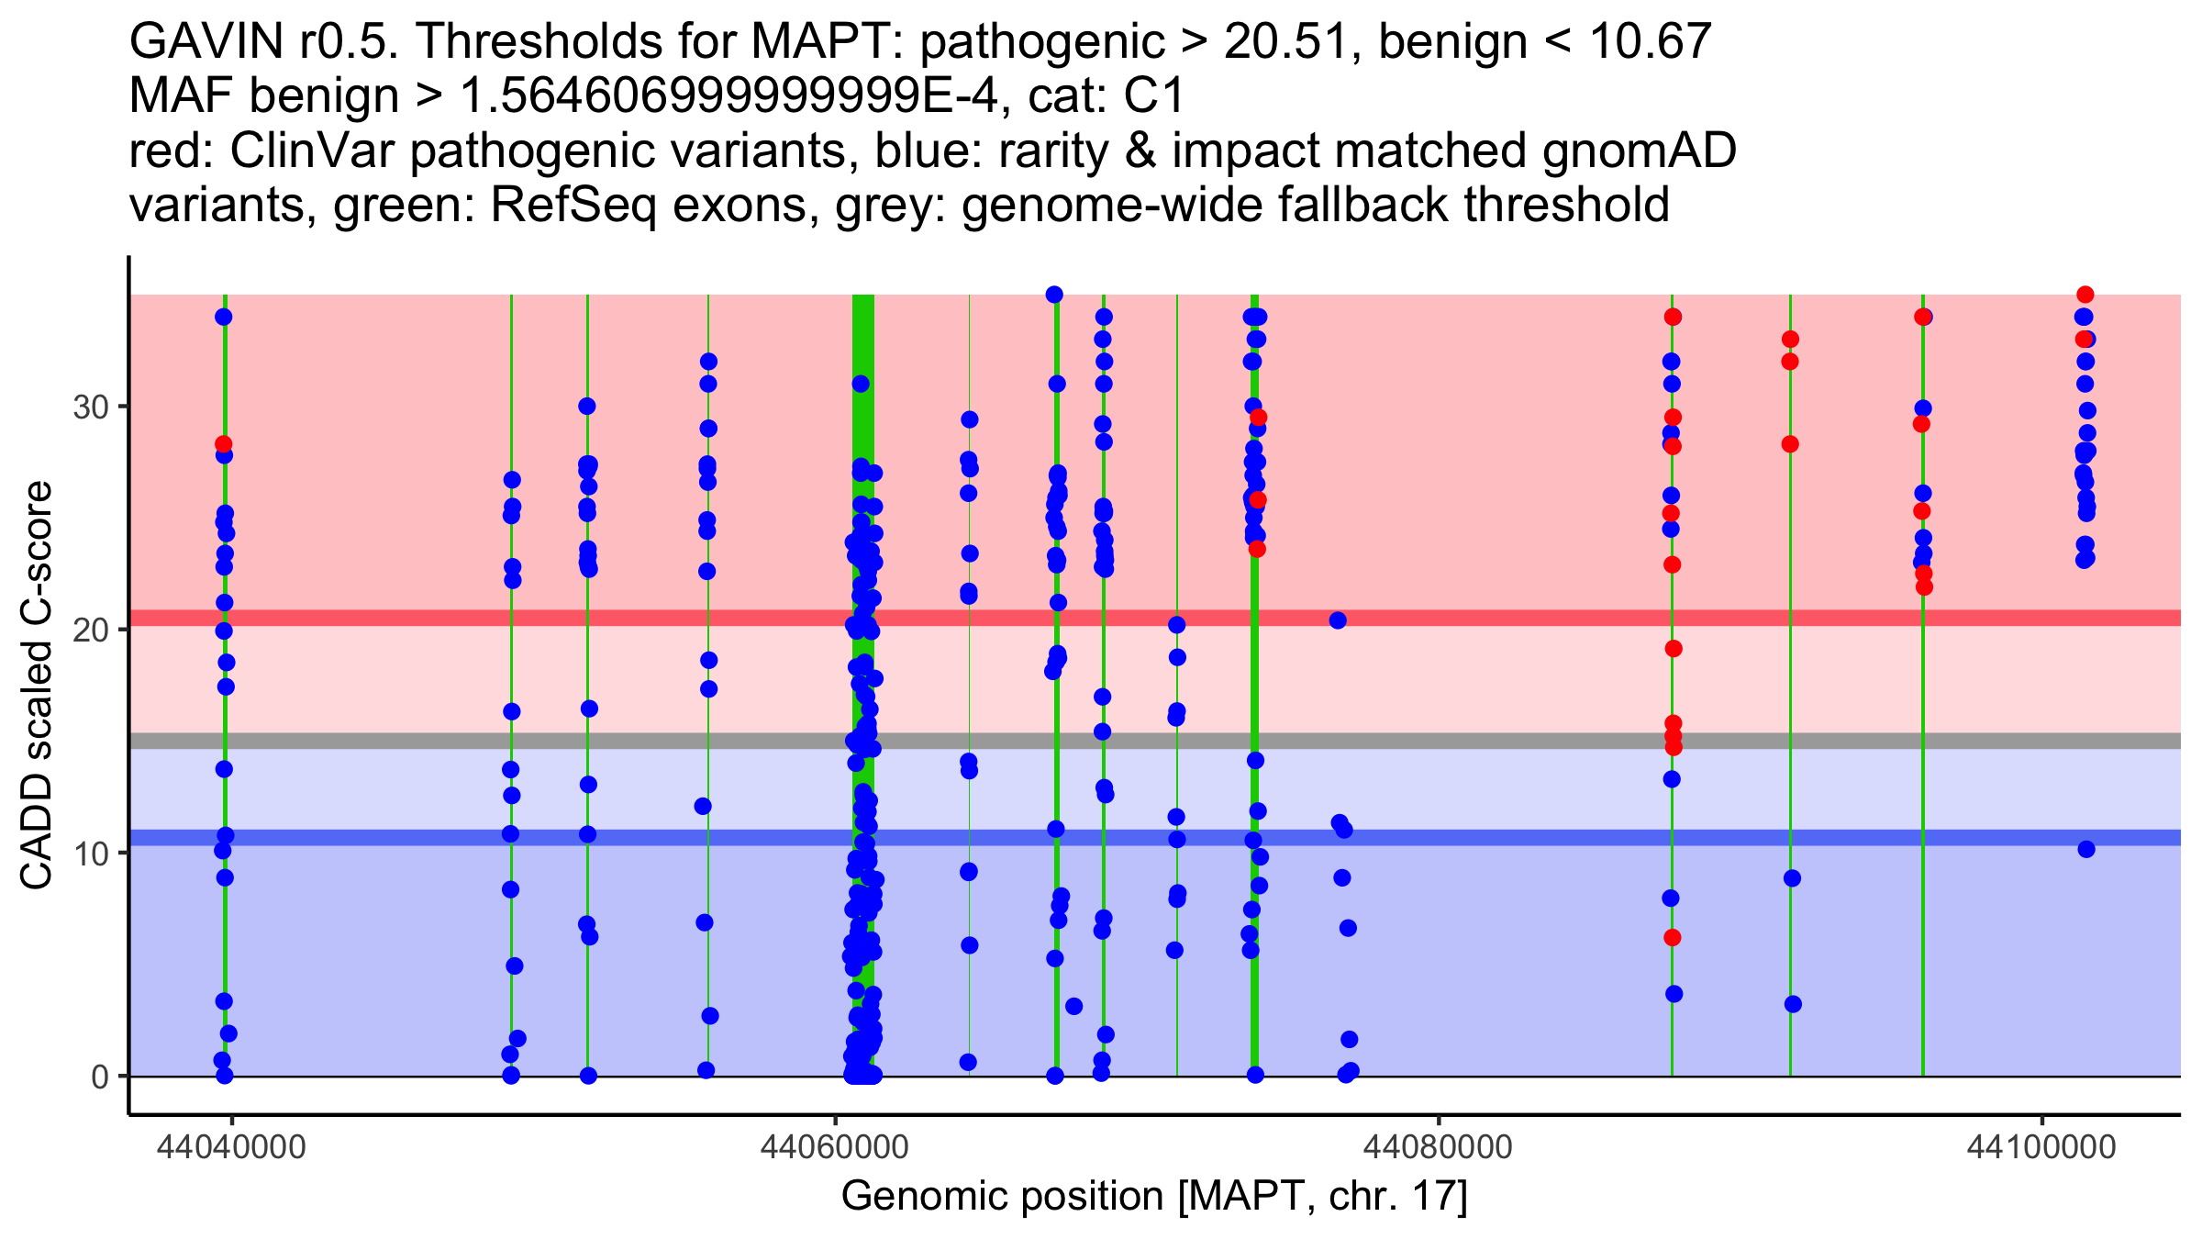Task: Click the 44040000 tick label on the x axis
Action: coord(231,1147)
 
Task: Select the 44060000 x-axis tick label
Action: coord(834,1147)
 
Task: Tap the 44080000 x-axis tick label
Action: coord(1438,1147)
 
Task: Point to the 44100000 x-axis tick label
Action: coord(2041,1147)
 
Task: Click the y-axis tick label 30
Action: coord(91,407)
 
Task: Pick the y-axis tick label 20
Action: coord(91,630)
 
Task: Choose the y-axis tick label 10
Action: coord(91,854)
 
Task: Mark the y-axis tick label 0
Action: coord(100,1077)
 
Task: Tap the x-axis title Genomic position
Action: coord(1154,1197)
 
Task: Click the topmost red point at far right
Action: coord(2085,295)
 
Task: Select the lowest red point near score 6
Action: coord(1673,938)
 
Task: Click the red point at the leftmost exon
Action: coord(224,444)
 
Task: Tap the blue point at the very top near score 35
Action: coord(1054,295)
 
